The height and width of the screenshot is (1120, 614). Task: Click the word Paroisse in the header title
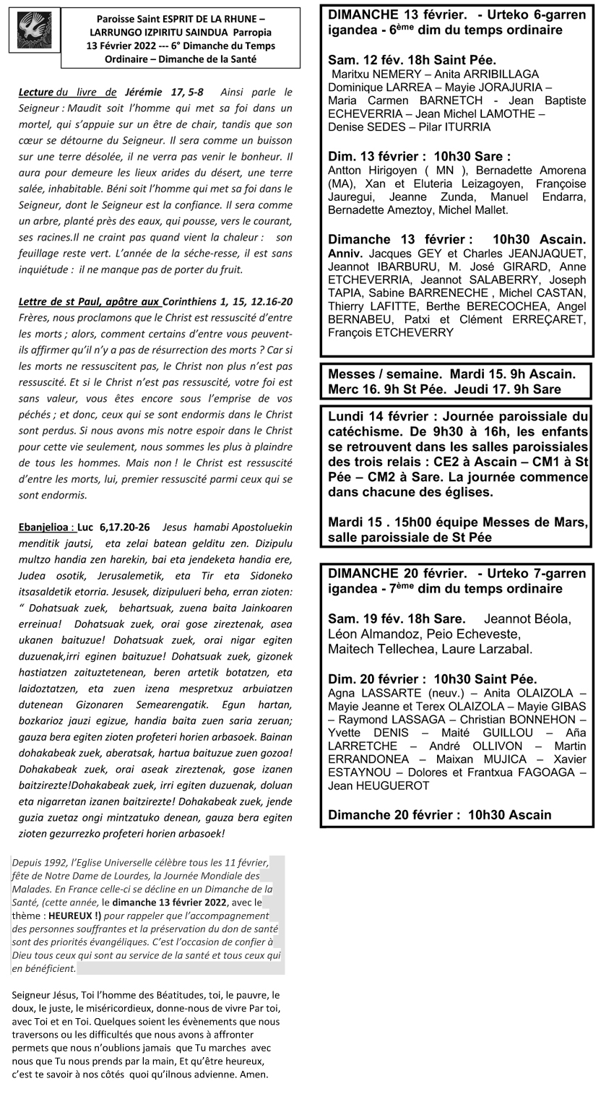pyautogui.click(x=116, y=20)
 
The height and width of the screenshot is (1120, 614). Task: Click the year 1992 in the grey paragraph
pyautogui.click(x=61, y=862)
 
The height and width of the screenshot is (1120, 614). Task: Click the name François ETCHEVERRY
pyautogui.click(x=391, y=332)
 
